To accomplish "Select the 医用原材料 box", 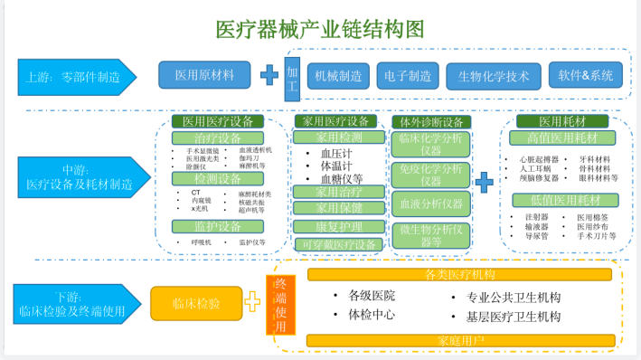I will [x=204, y=75].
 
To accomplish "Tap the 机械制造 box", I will [x=338, y=76].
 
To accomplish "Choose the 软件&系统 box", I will [x=585, y=75].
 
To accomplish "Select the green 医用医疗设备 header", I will [x=231, y=120].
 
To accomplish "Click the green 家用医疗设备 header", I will [x=333, y=120].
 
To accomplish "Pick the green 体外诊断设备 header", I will [x=431, y=121].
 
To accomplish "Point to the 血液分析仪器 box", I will [x=430, y=204].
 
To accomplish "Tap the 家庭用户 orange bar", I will [x=461, y=340].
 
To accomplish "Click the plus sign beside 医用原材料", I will [x=269, y=76].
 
